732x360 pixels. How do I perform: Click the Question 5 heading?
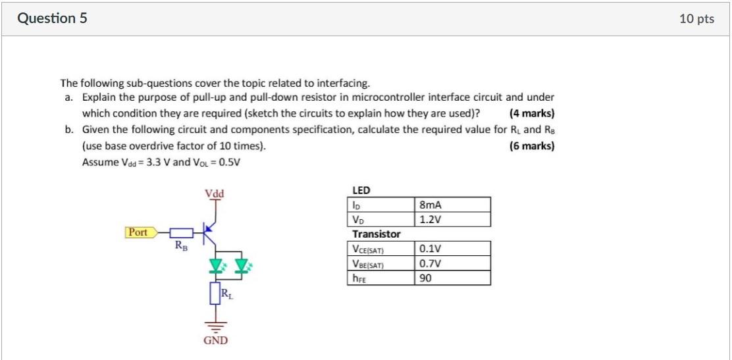pyautogui.click(x=52, y=19)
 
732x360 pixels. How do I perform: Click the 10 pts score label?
pyautogui.click(x=696, y=19)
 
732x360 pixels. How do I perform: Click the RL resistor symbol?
pyautogui.click(x=215, y=292)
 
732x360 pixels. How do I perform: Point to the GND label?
pyautogui.click(x=215, y=340)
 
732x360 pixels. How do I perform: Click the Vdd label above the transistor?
pyautogui.click(x=214, y=193)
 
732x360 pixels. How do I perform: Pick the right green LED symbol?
pyautogui.click(x=241, y=266)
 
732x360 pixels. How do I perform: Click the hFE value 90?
pyautogui.click(x=425, y=278)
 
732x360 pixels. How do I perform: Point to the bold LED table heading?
pyautogui.click(x=361, y=190)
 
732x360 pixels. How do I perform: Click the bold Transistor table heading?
pyautogui.click(x=377, y=234)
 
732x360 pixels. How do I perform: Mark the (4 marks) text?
pyautogui.click(x=532, y=113)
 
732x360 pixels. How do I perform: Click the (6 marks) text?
pyautogui.click(x=532, y=145)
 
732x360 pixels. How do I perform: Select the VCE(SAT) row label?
pyautogui.click(x=369, y=249)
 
